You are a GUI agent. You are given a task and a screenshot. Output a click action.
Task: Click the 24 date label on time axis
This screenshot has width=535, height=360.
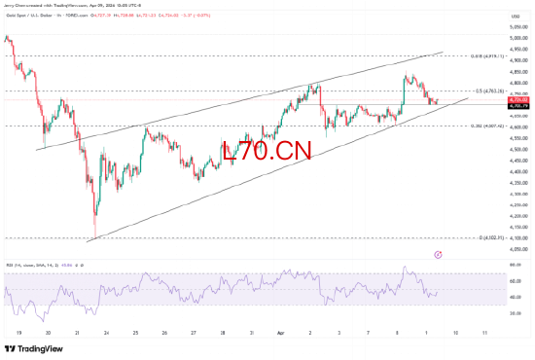pyautogui.click(x=106, y=332)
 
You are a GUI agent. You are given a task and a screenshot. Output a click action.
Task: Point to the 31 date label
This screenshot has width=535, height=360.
pyautogui.click(x=252, y=332)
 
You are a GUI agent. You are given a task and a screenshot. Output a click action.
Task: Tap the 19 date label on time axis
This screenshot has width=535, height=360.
pyautogui.click(x=18, y=332)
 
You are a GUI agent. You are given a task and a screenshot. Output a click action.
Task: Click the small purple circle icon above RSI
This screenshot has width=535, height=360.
pyautogui.click(x=438, y=254)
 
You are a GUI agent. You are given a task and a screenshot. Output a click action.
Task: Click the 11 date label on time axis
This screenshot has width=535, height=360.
pyautogui.click(x=483, y=332)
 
